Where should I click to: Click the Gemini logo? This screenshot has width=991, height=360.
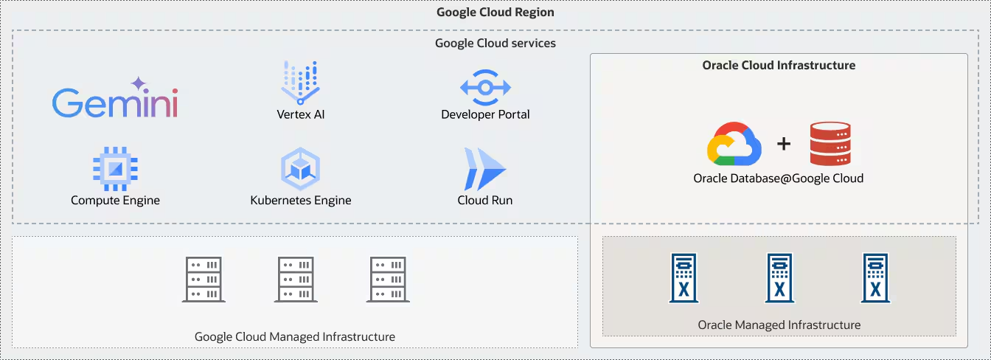click(115, 100)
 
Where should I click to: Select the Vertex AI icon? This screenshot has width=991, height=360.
click(300, 82)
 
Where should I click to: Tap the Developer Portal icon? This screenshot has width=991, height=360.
click(485, 88)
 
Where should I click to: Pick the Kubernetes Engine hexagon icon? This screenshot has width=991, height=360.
click(300, 169)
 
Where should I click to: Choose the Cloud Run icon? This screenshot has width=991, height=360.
click(484, 169)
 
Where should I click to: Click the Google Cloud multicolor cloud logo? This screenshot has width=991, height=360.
click(734, 143)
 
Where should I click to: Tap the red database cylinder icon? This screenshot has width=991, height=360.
click(830, 144)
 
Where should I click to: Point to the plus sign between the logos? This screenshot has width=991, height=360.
click(783, 144)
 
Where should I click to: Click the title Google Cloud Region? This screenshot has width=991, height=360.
click(495, 12)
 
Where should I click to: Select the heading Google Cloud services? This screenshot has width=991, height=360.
click(495, 43)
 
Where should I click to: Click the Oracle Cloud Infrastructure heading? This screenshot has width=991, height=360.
click(779, 65)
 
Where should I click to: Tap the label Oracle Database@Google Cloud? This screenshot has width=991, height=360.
click(778, 179)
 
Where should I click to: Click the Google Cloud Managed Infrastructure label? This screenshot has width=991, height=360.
click(295, 336)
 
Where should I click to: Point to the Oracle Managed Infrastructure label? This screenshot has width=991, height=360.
click(779, 325)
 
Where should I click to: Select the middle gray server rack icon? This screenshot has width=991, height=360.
click(296, 279)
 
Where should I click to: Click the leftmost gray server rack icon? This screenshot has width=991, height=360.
click(204, 279)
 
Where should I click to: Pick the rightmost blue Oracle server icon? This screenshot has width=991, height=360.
click(875, 278)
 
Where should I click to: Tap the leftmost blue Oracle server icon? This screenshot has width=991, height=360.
click(684, 278)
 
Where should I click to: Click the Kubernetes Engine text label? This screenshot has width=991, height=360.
click(300, 201)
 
